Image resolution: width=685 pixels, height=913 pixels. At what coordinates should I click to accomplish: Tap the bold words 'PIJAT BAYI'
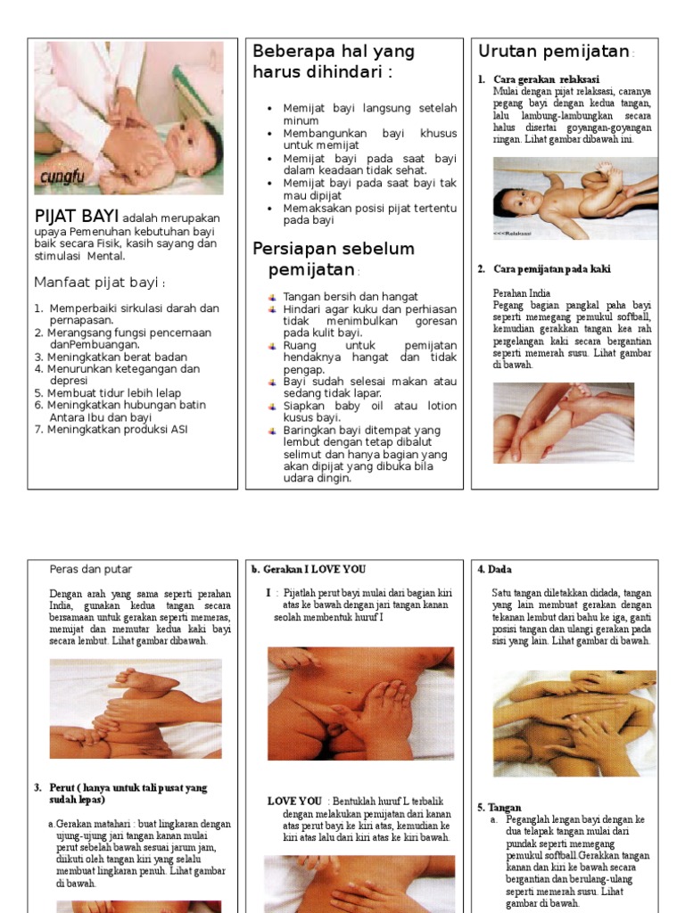pos(76,218)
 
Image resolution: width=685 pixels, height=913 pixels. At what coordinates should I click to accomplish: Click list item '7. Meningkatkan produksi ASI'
pos(111,430)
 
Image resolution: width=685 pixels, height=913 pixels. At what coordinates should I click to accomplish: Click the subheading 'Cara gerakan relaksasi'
pos(546,79)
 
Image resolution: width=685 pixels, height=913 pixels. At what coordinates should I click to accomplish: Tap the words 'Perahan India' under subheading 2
pos(522,292)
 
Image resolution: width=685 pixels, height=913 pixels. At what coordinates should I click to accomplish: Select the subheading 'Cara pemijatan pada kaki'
pos(551,269)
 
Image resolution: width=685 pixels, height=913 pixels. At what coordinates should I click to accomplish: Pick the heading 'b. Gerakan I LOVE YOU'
pos(309,570)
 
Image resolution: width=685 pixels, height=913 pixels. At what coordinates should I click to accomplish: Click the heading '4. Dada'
pos(494,570)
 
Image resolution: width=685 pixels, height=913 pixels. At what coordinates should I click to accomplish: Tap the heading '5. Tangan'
pos(499,807)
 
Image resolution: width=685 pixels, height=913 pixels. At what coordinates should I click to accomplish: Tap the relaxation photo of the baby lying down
pos(574,199)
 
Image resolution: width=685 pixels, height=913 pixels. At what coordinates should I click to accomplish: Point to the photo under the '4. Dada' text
pos(574,723)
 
